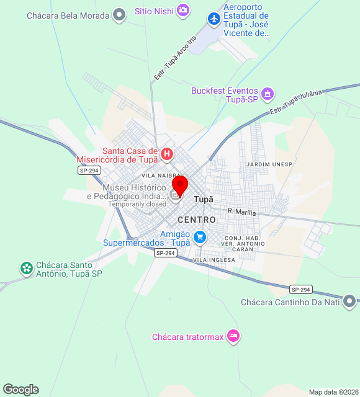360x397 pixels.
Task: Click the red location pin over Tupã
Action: point(180,185)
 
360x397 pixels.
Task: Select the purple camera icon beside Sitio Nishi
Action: point(183,10)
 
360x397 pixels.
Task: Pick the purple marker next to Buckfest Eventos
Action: point(268,94)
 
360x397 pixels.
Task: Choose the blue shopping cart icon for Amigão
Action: point(199,237)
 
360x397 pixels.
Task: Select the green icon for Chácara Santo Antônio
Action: point(26,268)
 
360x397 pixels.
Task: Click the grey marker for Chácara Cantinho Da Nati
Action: point(349,303)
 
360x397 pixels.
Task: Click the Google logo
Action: point(20,389)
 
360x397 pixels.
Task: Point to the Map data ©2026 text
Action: point(333,392)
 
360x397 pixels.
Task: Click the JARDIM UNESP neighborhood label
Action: point(269,164)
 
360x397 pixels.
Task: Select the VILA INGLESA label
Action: point(214,260)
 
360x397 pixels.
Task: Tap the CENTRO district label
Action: point(197,220)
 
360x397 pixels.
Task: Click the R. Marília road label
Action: point(241,212)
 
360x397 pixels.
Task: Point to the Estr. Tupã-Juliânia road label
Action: point(296,102)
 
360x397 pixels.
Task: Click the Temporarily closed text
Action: point(137,203)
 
